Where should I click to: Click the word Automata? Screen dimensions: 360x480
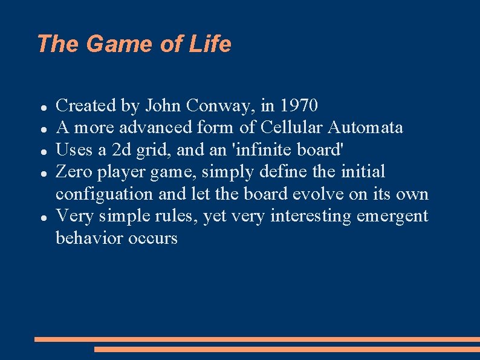tap(366, 128)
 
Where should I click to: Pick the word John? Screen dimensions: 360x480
tap(163, 106)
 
